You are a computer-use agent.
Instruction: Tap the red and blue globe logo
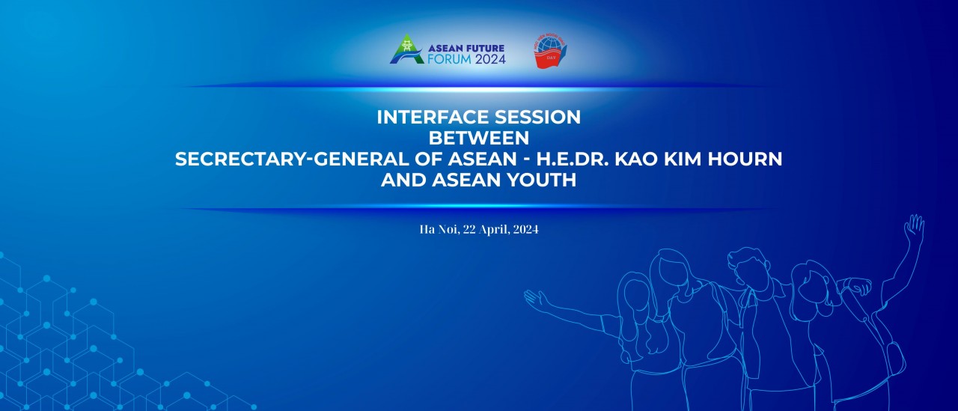click(550, 52)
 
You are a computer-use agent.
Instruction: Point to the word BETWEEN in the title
click(478, 138)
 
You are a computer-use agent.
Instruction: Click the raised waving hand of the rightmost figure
click(914, 228)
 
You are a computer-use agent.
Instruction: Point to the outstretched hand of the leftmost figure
click(534, 299)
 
